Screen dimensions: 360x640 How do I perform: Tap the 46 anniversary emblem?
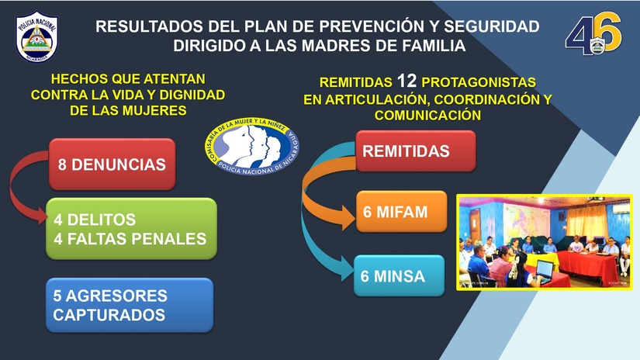593,36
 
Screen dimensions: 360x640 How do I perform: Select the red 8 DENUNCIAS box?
111,164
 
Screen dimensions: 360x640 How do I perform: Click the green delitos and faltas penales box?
130,229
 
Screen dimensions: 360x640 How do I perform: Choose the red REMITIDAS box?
415,151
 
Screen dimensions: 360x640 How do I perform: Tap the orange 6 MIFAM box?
401,211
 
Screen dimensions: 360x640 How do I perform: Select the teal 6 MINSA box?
399,275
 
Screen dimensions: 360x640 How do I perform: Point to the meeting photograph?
543,242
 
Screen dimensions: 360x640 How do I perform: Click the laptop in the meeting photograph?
542,270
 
